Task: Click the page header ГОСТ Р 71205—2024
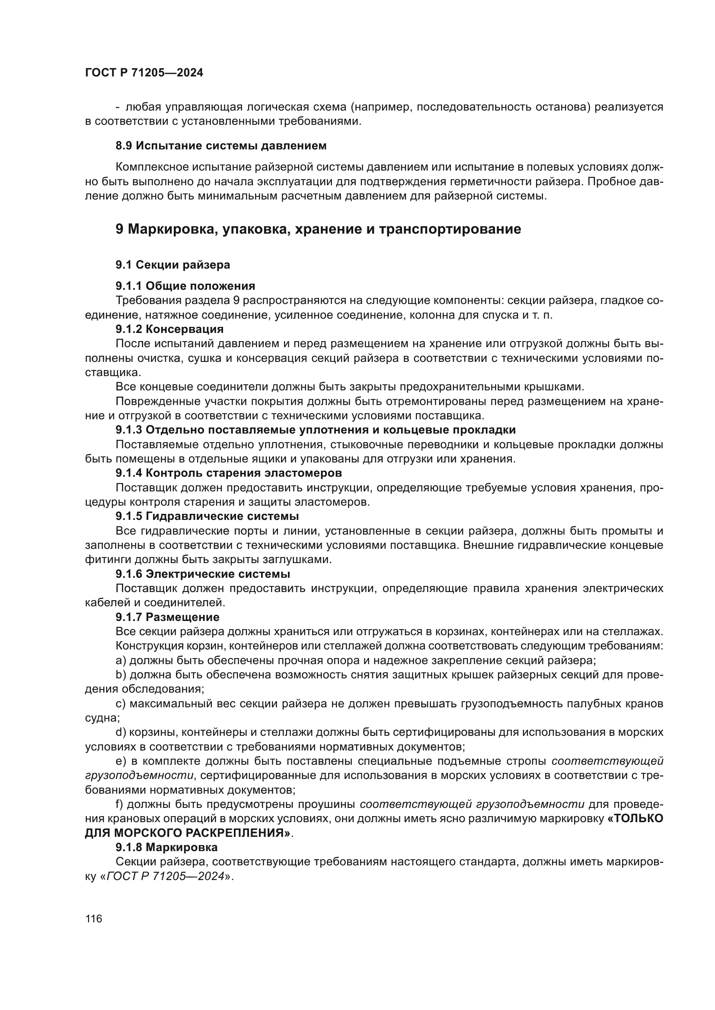point(144,73)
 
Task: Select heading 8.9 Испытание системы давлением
point(221,146)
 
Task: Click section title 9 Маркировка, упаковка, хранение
point(318,229)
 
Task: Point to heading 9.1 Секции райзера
point(172,265)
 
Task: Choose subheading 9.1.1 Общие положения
point(185,286)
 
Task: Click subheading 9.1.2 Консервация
point(169,329)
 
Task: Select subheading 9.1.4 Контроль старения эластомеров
point(229,473)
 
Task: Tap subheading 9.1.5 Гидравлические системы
point(207,516)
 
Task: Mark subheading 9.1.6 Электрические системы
point(202,573)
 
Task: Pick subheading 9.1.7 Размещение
point(167,617)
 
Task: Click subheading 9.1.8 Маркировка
point(166,847)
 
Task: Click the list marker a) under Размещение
point(121,660)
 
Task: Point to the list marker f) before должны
point(119,804)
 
